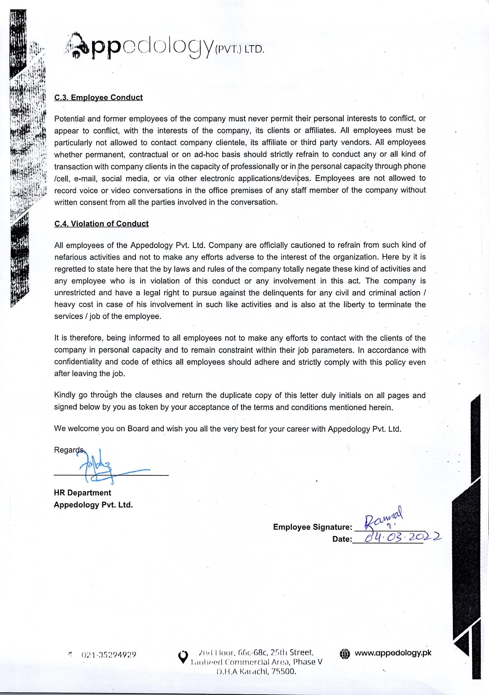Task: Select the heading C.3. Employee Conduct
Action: (98, 97)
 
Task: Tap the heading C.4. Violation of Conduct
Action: (101, 224)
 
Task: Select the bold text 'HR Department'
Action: (82, 493)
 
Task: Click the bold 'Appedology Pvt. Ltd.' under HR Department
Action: (93, 505)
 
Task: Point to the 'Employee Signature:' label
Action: (312, 527)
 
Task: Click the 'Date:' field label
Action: (342, 539)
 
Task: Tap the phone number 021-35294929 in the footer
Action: (109, 655)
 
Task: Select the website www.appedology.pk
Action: (393, 653)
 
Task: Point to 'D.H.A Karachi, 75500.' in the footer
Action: (256, 672)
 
